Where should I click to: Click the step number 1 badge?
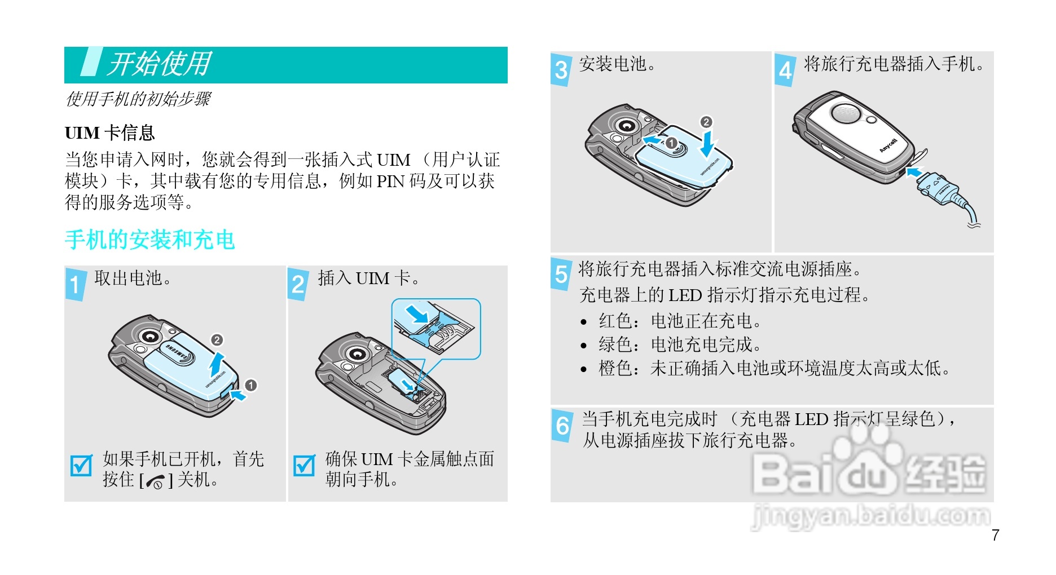click(x=76, y=284)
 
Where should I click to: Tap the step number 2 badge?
click(x=298, y=284)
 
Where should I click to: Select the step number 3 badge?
click(x=561, y=69)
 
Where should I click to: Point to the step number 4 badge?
click(x=785, y=69)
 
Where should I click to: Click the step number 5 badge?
click(x=561, y=273)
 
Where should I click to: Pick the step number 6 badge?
click(x=563, y=425)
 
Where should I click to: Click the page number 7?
click(x=996, y=535)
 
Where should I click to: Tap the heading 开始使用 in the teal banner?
click(x=160, y=64)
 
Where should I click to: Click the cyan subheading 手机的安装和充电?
click(x=149, y=240)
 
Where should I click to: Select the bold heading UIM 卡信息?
click(x=109, y=133)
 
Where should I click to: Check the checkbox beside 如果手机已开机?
click(x=81, y=465)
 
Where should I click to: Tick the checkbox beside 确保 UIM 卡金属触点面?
click(x=305, y=465)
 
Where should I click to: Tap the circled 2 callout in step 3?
click(x=706, y=122)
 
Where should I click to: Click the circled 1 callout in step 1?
click(x=251, y=385)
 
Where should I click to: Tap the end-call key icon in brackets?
click(x=155, y=481)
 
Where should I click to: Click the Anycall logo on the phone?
click(x=888, y=145)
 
